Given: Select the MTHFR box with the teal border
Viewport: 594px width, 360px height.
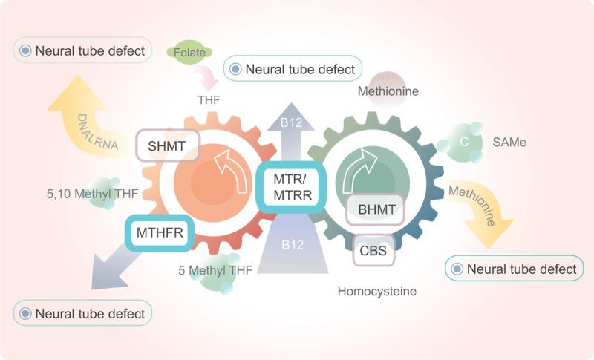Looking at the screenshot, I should [160, 233].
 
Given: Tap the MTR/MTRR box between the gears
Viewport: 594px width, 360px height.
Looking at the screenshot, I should [290, 186].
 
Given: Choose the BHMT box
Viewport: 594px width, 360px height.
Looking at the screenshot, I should [375, 210].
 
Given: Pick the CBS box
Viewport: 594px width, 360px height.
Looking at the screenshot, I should [374, 251].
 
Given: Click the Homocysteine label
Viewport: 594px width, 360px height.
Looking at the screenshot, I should [376, 292].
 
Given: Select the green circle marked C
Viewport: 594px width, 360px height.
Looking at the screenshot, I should [462, 142].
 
